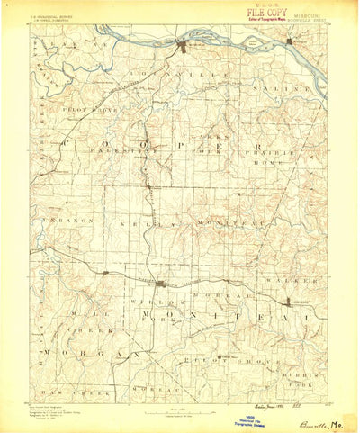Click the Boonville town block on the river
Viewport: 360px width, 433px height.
[x=188, y=46]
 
